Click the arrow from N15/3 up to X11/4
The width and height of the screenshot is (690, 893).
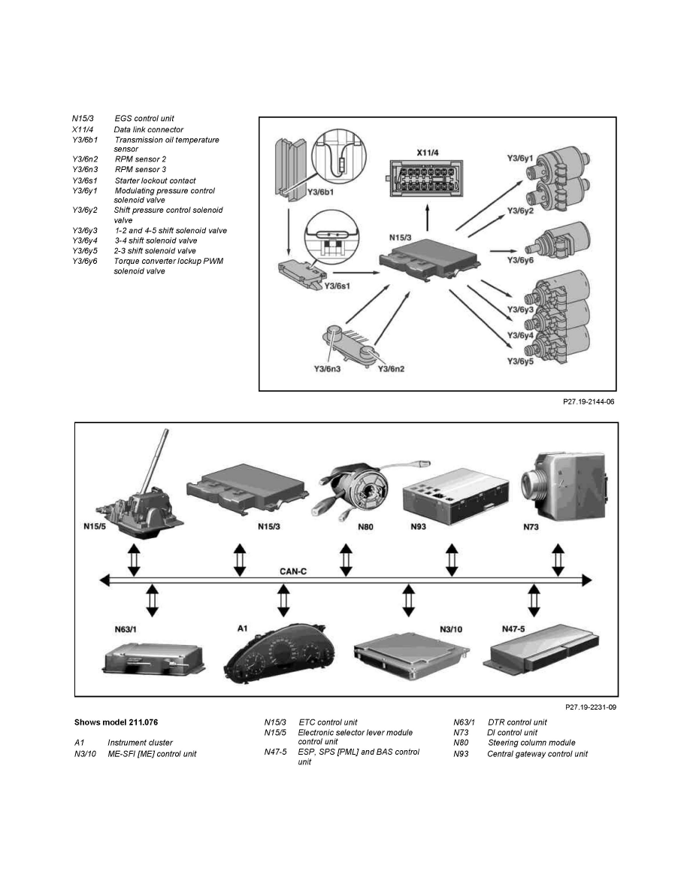point(428,220)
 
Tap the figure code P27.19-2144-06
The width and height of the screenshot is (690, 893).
point(589,402)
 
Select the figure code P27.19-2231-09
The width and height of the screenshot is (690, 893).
point(591,707)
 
